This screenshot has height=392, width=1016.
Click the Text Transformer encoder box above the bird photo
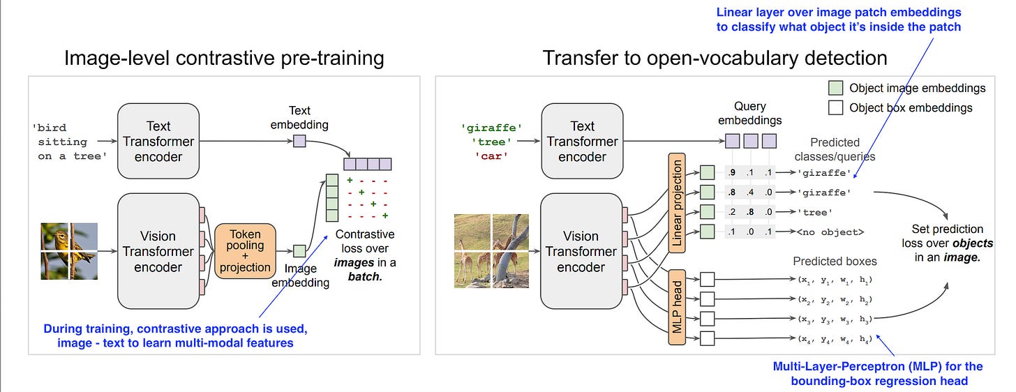[158, 141]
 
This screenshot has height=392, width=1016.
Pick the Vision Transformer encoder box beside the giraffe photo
[582, 251]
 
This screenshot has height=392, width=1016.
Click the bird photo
[69, 251]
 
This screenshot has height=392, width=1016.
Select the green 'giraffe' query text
[491, 128]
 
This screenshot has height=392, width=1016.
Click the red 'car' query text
[491, 156]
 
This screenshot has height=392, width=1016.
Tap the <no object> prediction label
[830, 232]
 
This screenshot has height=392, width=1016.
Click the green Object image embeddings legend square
[835, 88]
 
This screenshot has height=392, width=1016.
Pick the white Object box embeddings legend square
[835, 107]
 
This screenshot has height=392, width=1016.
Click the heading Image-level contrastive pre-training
[224, 57]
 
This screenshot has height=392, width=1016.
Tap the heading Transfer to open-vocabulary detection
[715, 57]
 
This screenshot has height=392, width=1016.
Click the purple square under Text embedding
[299, 142]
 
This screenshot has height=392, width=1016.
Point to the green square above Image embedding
[299, 250]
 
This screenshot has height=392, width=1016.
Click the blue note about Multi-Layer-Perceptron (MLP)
[877, 373]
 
